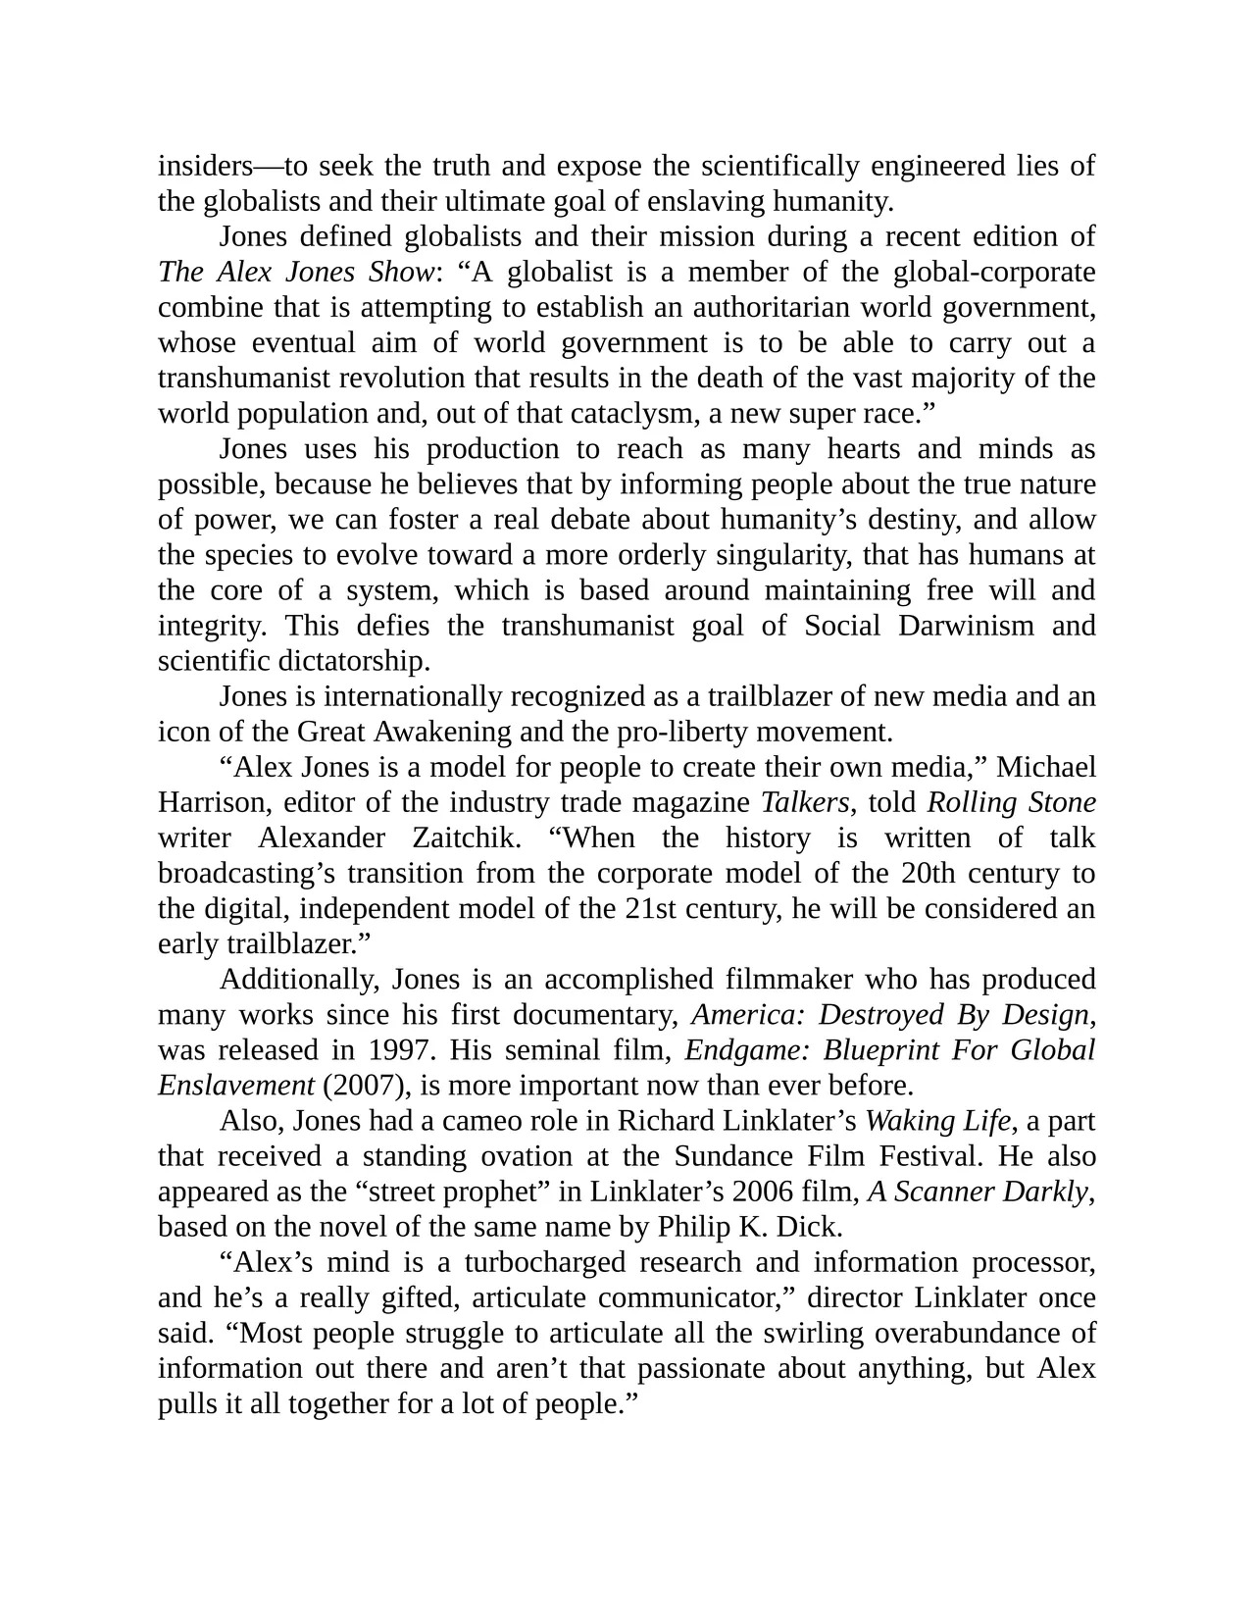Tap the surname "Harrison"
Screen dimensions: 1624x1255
pos(213,802)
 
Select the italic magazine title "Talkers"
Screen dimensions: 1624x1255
pos(805,802)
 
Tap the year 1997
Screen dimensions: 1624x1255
pos(400,1049)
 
